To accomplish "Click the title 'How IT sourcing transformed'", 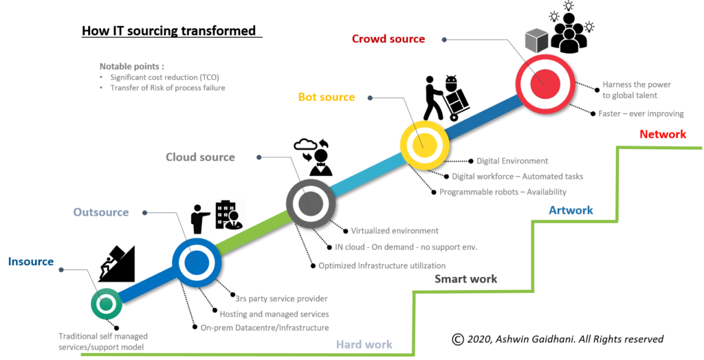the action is pos(169,31).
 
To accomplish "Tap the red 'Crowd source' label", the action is pos(388,39).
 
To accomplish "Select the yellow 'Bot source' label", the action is pos(327,97).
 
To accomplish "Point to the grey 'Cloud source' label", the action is pos(200,157).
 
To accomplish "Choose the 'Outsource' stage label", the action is pos(101,212).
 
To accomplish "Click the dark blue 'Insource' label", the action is pos(31,262).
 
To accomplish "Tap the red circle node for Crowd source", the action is pos(545,84).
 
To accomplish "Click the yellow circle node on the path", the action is pos(424,145).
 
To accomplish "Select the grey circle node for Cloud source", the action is pos(311,204).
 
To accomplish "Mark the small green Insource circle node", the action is pos(107,304).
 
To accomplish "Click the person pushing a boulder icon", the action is pos(116,264).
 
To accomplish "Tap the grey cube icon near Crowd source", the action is pos(536,41).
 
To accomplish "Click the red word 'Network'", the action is pos(663,134).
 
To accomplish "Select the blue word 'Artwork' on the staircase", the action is pos(571,210).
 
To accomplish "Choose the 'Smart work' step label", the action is pos(465,279).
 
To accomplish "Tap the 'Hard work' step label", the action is pos(364,345).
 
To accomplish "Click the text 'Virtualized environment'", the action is pos(395,231).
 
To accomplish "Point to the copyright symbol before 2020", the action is pos(457,339).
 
